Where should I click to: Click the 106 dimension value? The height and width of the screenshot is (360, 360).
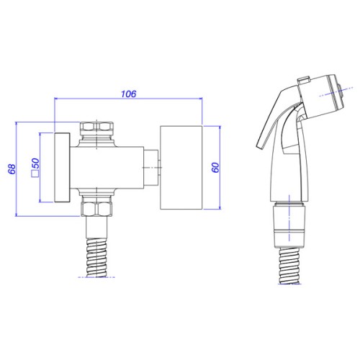pos(129,94)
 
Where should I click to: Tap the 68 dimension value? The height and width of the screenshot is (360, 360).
pos(12,169)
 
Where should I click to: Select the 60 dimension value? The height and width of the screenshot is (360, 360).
pos(215,167)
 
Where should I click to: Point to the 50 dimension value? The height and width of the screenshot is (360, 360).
pos(35,163)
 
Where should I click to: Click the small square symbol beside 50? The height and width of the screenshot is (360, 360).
pos(35,174)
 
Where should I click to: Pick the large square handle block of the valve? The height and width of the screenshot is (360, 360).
pos(181,167)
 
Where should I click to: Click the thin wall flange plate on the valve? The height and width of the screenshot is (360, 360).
pos(62,168)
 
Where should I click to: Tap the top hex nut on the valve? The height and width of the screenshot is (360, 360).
pos(96,126)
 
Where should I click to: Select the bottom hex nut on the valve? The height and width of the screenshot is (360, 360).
pos(96,209)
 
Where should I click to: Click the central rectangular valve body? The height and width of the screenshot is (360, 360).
pos(107,167)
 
